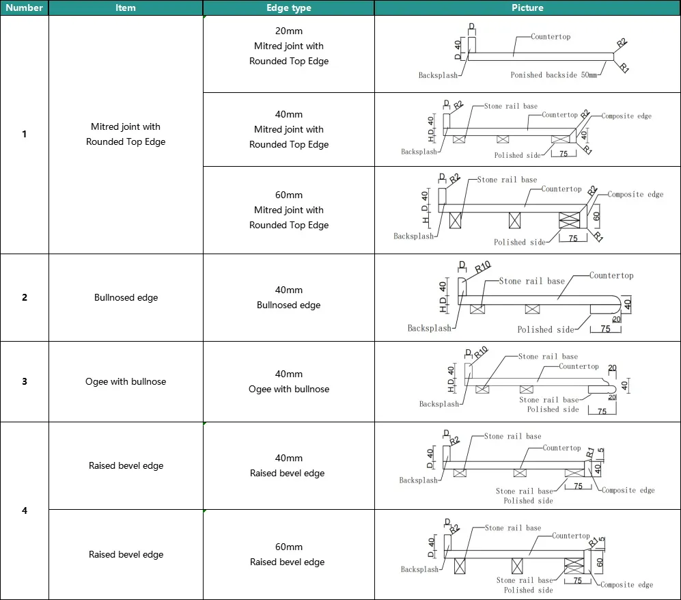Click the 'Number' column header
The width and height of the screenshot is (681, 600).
tap(25, 8)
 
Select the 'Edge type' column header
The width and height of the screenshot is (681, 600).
tap(288, 8)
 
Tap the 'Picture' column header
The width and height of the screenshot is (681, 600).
tap(527, 8)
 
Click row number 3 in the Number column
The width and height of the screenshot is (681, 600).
tap(25, 381)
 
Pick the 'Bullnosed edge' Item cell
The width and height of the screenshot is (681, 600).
tap(126, 298)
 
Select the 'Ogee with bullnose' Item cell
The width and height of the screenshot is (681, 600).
tap(126, 381)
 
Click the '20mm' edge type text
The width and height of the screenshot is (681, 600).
tap(288, 31)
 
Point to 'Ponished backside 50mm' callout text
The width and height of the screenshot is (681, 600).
tap(553, 75)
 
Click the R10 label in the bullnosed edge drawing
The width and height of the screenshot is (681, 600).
tap(482, 267)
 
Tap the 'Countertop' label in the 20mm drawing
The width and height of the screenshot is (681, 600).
tap(551, 37)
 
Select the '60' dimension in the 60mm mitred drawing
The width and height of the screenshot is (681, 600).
tap(596, 218)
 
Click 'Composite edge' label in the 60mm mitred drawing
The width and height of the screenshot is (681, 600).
tap(635, 195)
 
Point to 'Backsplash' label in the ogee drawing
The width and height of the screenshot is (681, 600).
tap(439, 404)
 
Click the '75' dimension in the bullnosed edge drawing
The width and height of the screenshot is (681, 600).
tap(605, 329)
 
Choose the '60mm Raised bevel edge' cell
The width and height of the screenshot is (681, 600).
tap(288, 554)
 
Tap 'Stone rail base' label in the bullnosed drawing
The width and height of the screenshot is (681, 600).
tap(531, 281)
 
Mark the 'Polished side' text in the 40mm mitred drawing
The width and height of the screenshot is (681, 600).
tap(517, 156)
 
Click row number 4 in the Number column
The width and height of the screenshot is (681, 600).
tap(25, 510)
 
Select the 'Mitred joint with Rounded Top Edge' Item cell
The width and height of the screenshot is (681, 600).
tap(126, 134)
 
